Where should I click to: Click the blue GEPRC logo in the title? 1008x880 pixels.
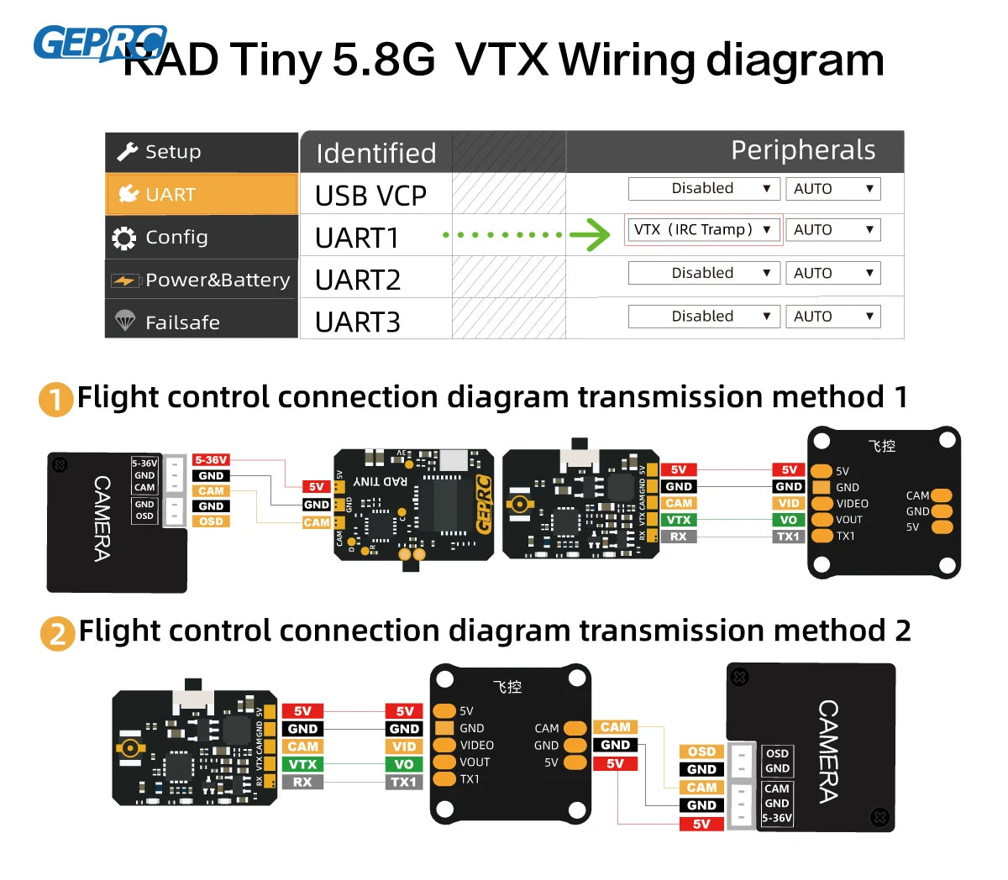click(x=99, y=43)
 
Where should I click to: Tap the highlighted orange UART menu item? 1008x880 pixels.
click(x=202, y=195)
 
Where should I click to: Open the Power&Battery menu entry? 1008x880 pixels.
click(x=202, y=280)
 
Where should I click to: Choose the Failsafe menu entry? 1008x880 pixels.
click(x=202, y=322)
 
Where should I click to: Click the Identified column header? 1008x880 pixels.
click(x=376, y=153)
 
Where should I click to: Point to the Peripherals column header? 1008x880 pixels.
click(x=802, y=150)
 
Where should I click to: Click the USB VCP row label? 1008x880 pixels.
click(x=370, y=196)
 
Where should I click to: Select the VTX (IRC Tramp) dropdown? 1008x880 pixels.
click(x=703, y=230)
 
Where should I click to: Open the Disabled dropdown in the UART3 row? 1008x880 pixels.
click(x=703, y=317)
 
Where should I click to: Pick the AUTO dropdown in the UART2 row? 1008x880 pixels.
click(x=832, y=274)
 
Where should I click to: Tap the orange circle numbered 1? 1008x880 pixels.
click(x=55, y=399)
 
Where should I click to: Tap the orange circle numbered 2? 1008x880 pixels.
click(x=57, y=633)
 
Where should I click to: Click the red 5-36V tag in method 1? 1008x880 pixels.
click(x=211, y=460)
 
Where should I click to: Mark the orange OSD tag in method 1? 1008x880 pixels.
click(x=211, y=521)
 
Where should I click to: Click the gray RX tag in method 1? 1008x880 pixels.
click(x=678, y=537)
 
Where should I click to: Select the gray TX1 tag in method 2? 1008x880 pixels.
click(x=404, y=782)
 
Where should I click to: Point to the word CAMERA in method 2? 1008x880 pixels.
click(x=828, y=752)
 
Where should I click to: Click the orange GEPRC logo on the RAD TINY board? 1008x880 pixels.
click(x=483, y=505)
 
